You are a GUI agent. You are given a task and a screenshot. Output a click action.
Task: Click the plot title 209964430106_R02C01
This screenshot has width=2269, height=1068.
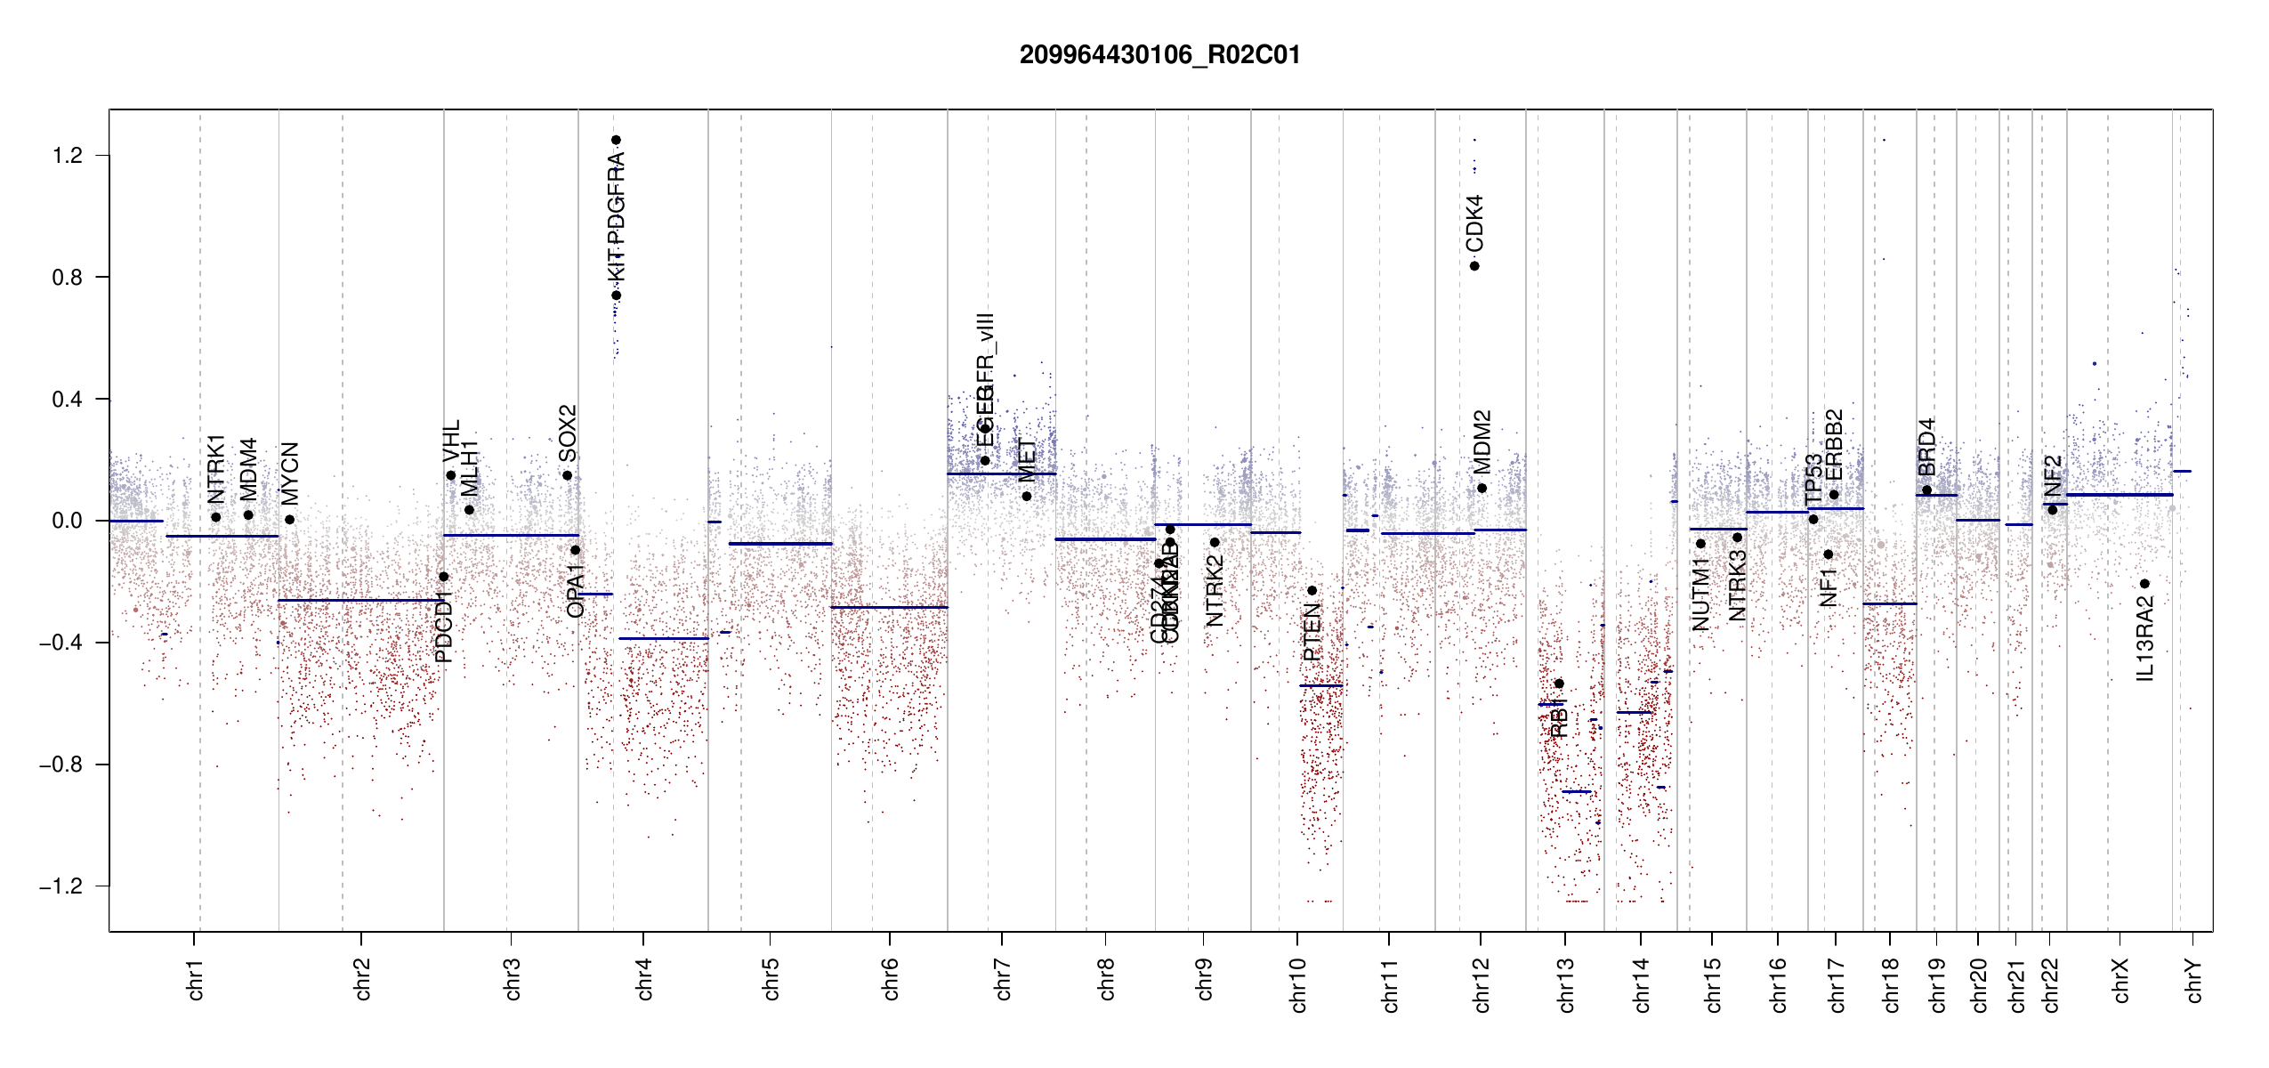coord(1159,55)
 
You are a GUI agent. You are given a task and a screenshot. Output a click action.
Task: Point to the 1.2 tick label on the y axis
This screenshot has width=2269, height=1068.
coord(67,156)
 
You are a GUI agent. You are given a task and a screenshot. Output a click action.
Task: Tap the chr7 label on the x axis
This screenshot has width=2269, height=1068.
coord(1003,979)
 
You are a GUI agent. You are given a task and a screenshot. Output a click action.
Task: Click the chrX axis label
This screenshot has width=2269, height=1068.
coord(2120,980)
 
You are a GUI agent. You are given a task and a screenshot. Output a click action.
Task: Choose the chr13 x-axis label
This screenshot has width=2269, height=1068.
coord(1566,984)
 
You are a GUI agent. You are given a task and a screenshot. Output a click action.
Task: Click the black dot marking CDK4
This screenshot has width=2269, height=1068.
coord(1474,266)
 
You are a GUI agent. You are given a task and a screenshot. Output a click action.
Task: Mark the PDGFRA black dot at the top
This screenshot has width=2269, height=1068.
coord(616,140)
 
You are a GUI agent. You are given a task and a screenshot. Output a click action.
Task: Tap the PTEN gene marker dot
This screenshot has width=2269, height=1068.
coord(1312,590)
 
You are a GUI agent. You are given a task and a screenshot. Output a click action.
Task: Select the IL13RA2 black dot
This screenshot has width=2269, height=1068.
coord(2144,584)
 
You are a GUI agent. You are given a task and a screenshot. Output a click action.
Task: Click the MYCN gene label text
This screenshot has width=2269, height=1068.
coord(290,473)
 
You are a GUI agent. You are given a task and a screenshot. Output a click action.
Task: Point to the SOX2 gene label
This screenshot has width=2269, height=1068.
coord(568,433)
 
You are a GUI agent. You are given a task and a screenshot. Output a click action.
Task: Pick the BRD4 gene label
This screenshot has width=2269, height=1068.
coord(1926,447)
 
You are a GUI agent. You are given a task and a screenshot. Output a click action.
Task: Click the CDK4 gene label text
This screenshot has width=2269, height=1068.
coord(1474,223)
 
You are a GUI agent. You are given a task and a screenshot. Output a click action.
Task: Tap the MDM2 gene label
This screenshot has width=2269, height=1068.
coord(1482,441)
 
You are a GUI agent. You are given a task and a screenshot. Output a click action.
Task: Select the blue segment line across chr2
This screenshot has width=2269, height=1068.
coord(360,600)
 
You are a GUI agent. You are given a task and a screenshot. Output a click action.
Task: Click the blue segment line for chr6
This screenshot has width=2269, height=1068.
coord(889,607)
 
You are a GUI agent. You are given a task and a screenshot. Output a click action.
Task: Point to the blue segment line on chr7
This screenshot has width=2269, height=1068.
coord(1001,473)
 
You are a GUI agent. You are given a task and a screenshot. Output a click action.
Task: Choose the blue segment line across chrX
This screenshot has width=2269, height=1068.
coord(2120,495)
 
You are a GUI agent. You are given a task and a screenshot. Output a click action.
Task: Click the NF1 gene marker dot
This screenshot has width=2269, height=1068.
coord(1829,554)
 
